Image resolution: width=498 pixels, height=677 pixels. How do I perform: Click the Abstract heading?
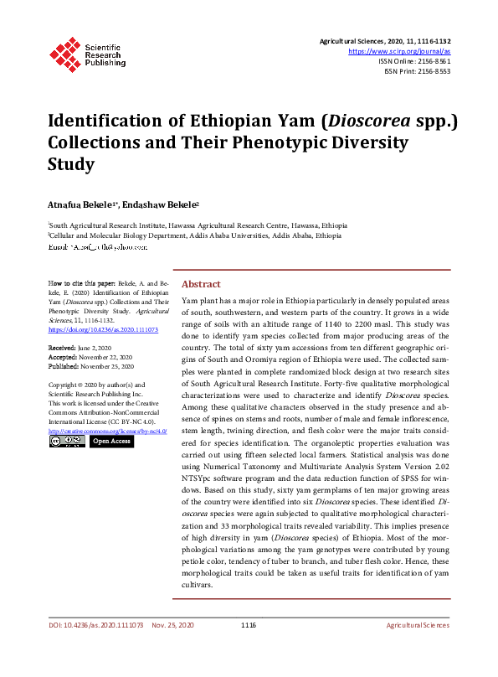201,284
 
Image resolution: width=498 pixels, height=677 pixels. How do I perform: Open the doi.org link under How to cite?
103,329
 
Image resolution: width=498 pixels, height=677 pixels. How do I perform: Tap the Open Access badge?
110,441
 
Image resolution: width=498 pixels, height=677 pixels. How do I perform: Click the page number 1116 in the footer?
249,625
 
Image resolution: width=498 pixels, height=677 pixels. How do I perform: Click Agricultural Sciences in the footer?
417,625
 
